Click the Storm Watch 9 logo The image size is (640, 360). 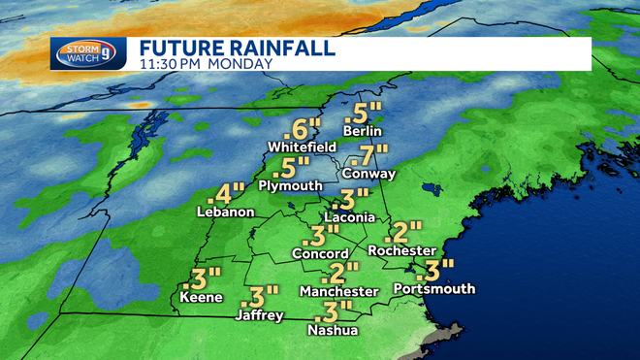(88, 52)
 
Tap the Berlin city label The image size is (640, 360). (364, 131)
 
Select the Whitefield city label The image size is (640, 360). (301, 147)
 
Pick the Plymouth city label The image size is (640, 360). (290, 184)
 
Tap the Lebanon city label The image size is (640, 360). (225, 213)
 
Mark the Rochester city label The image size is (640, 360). (401, 250)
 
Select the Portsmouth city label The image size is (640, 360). (433, 288)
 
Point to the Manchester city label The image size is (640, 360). (338, 291)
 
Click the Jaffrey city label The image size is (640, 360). (259, 315)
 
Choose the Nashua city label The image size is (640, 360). (333, 331)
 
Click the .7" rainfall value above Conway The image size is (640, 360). (372, 154)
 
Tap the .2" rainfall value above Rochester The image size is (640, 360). (403, 231)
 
